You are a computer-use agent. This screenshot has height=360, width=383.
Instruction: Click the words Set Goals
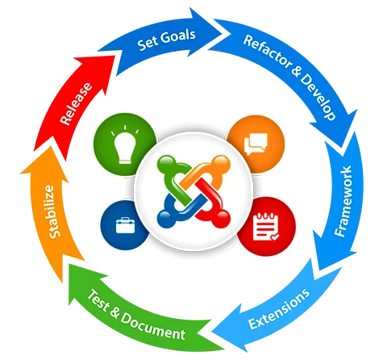164,42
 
